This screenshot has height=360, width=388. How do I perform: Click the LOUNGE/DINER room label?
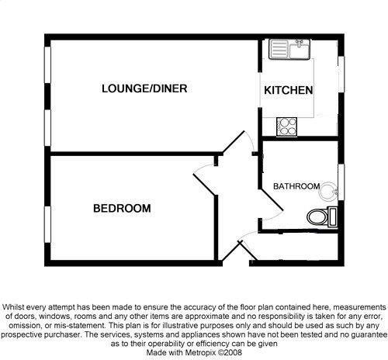tap(144, 88)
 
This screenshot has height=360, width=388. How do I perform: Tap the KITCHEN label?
tap(289, 90)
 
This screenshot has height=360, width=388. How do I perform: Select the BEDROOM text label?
tap(122, 208)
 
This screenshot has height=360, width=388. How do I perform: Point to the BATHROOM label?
tap(296, 186)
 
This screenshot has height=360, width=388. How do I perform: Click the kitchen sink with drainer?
tap(289, 49)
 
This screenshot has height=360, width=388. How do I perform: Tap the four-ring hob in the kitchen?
tap(286, 126)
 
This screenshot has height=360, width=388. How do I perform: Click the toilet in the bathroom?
tap(322, 216)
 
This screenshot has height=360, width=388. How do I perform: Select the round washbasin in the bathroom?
tap(328, 192)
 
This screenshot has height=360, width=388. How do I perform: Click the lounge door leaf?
tap(234, 141)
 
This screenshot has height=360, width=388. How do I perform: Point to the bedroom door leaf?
tap(205, 185)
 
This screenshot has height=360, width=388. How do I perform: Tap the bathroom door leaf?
tap(272, 199)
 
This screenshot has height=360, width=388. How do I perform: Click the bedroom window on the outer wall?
tap(47, 224)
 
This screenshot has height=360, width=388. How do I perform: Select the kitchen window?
tap(341, 74)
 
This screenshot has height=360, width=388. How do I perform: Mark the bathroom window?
tap(341, 182)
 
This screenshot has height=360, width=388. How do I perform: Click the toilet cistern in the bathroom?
tap(333, 216)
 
